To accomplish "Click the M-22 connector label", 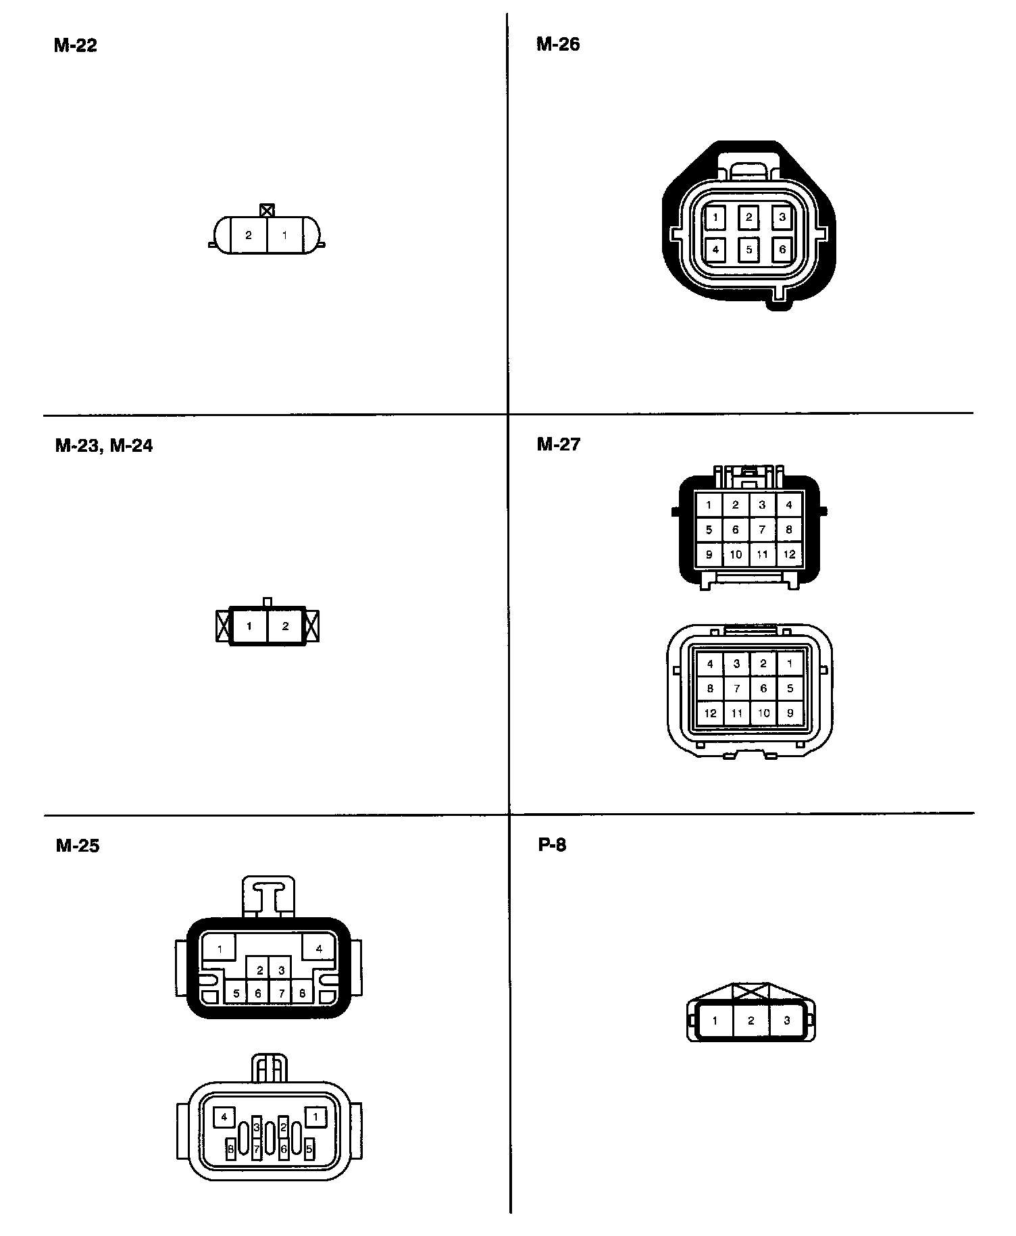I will tap(76, 45).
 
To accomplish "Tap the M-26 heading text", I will tap(558, 44).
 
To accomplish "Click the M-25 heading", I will tap(78, 846).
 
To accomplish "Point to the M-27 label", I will tap(559, 444).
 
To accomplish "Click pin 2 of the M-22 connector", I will tap(249, 235).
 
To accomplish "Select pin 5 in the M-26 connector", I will tap(748, 249).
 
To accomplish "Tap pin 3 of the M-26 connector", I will tap(782, 217).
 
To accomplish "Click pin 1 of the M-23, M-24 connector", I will tap(249, 626).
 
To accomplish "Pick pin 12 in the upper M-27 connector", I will tap(789, 555).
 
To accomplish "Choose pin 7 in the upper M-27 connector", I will tap(762, 530).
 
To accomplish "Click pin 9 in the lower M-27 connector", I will tap(790, 713).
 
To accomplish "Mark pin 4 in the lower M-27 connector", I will tap(709, 664).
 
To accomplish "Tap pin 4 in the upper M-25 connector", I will tap(319, 948).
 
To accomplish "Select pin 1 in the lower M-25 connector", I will tap(315, 1117).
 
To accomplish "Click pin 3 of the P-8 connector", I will tap(786, 1021).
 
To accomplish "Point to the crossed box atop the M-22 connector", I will tap(268, 209).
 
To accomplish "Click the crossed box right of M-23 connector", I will tap(311, 626).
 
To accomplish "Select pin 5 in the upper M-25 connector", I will tap(236, 994).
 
